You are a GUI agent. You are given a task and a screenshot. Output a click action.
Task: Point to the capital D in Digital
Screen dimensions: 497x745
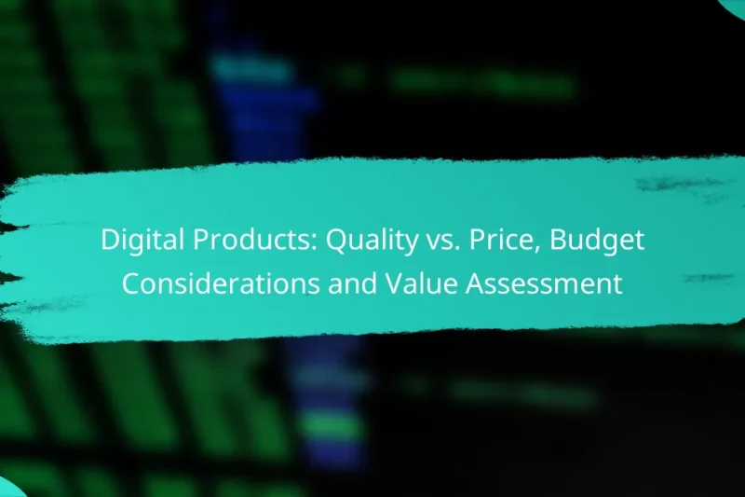pyautogui.click(x=108, y=242)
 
